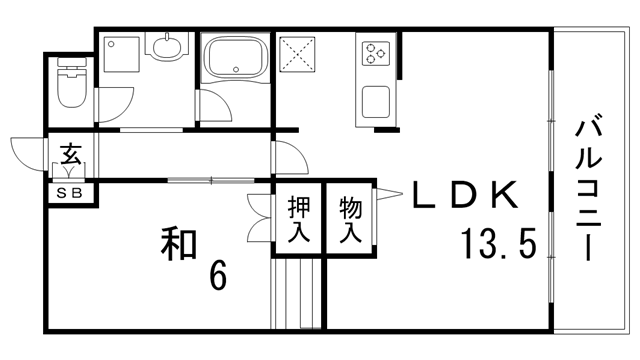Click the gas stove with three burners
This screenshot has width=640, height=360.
point(376,52)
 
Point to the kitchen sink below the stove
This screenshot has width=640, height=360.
point(376,101)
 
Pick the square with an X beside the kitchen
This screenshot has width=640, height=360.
point(297,55)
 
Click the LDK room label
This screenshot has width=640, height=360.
point(465,195)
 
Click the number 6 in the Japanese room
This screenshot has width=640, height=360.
point(216,274)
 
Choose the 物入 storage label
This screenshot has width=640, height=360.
point(350,220)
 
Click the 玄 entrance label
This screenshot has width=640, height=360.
point(71,155)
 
